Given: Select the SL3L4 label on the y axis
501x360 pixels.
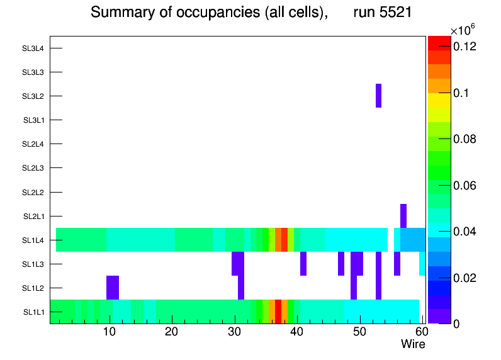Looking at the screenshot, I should [33, 48].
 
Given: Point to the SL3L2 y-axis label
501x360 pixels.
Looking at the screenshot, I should [33, 96].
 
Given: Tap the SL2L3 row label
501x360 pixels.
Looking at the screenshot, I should [33, 168].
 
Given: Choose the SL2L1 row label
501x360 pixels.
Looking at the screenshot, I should [33, 217].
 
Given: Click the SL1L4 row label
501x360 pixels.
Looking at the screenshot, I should [33, 240].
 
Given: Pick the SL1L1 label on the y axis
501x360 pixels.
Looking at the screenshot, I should [33, 312].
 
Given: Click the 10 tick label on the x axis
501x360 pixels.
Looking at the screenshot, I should [110, 332].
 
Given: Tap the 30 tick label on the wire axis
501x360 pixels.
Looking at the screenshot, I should [234, 332].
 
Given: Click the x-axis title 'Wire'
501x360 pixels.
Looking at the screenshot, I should [413, 344].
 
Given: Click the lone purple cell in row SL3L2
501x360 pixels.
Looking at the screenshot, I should [379, 96].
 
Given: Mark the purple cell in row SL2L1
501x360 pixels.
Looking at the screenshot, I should [403, 216].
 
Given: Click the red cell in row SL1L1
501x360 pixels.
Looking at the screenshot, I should [278, 312].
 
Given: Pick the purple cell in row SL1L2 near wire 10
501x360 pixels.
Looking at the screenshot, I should [113, 288].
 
